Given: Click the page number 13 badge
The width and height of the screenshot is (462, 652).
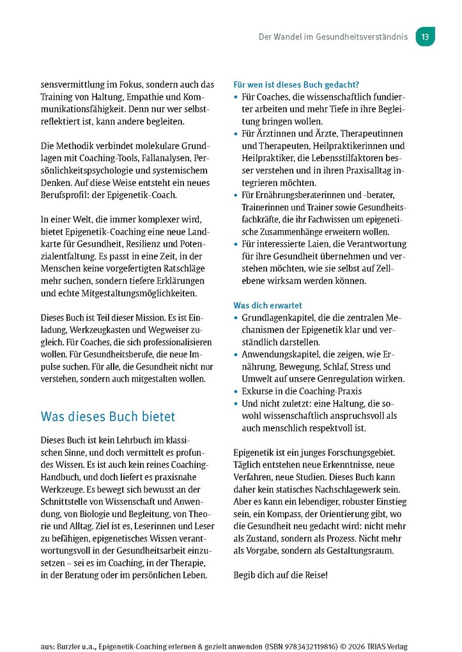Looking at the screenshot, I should click(425, 36).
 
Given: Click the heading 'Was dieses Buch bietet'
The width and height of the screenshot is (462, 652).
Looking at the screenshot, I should click(107, 417).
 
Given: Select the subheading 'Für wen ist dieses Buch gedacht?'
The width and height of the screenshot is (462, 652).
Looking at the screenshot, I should click(296, 84).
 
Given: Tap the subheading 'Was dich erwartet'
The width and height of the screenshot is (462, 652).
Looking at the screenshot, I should click(268, 306).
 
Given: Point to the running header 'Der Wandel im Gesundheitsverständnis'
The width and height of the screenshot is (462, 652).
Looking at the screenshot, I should click(332, 37).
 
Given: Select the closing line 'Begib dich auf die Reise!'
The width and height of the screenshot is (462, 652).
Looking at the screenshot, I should click(281, 575).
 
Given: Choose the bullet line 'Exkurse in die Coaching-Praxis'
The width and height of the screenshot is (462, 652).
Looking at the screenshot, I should click(301, 391).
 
